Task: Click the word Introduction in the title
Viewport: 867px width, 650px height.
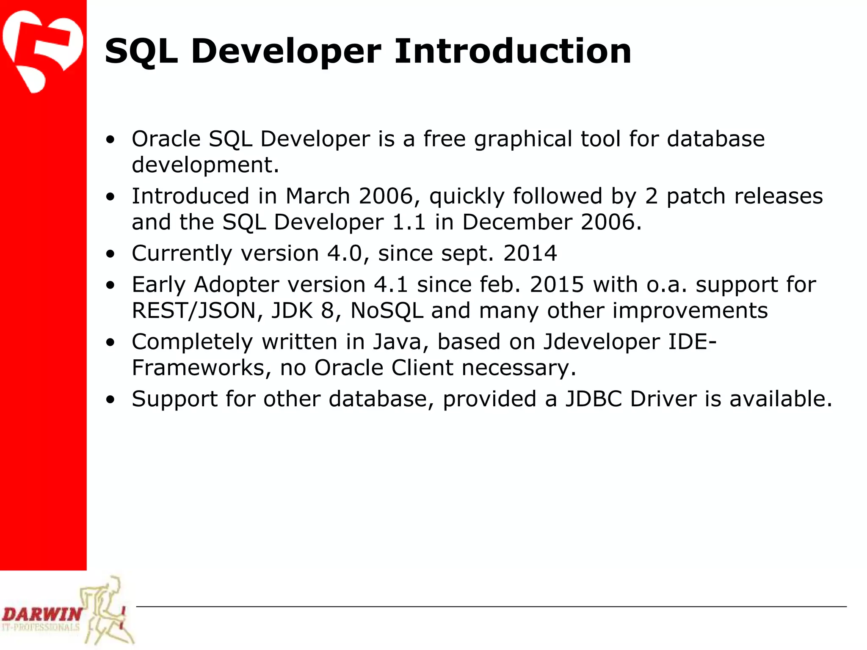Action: click(513, 51)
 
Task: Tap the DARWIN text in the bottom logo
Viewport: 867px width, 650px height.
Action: click(41, 614)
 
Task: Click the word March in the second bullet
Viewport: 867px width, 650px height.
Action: click(318, 196)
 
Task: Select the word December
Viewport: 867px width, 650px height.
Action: click(517, 222)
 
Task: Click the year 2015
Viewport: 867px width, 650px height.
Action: click(557, 284)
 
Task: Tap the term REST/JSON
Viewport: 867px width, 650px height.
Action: click(194, 311)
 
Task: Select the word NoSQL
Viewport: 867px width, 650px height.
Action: click(387, 311)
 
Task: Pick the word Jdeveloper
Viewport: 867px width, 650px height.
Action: click(601, 342)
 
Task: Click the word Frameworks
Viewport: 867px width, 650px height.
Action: click(198, 368)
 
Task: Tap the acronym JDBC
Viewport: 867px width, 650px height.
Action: click(594, 399)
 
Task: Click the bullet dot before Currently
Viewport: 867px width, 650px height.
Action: click(110, 254)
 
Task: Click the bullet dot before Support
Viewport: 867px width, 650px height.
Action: click(110, 400)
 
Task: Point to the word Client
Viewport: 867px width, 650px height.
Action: click(422, 368)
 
